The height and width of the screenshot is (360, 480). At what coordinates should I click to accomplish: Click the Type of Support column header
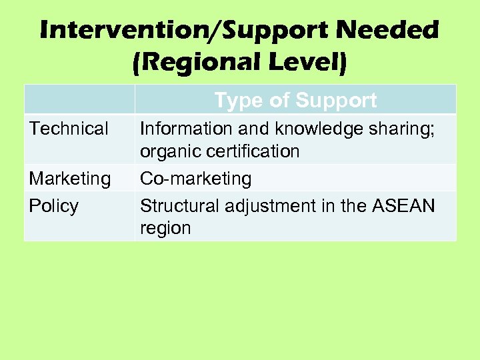[295, 101]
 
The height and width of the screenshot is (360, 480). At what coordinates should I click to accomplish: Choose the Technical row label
[69, 128]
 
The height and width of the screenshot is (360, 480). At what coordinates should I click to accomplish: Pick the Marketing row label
[69, 179]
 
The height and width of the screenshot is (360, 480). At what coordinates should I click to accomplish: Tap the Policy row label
[53, 205]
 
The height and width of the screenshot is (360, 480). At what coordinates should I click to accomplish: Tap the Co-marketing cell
[195, 179]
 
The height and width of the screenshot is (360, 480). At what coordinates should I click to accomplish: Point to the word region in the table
[165, 228]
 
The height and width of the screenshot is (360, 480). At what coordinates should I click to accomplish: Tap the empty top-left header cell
[79, 99]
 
